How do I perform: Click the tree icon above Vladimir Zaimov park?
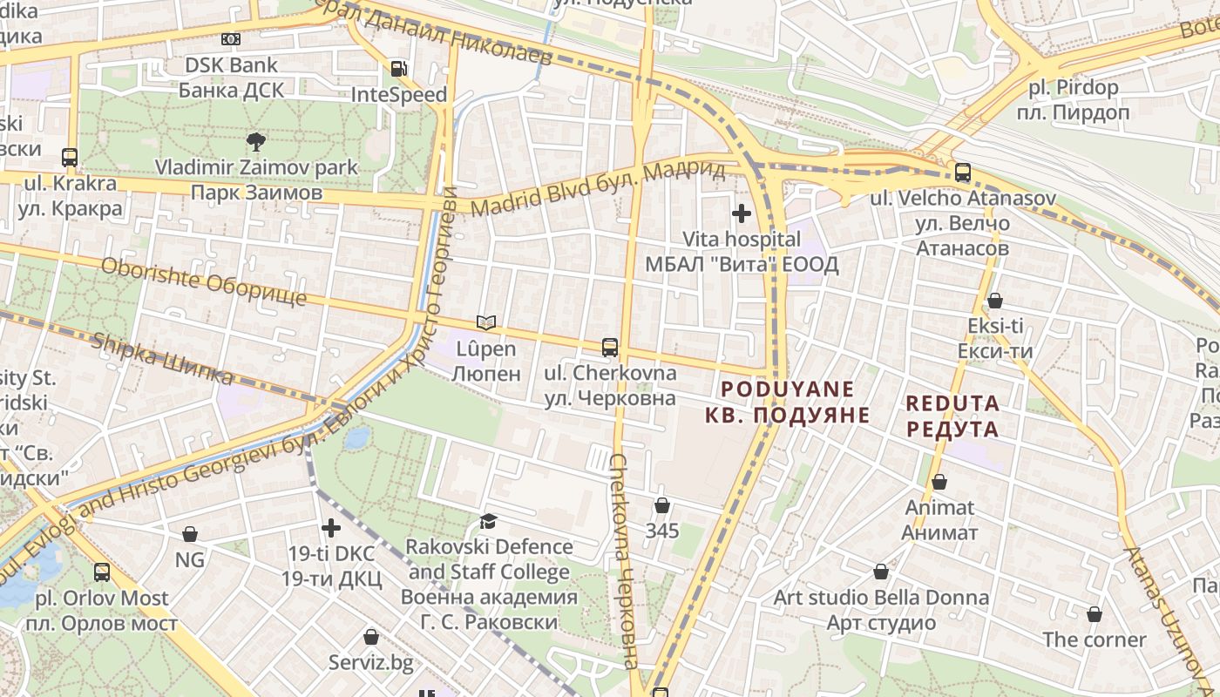256,141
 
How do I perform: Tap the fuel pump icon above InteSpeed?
398,69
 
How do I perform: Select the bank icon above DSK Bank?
230,39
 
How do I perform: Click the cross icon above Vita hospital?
742,213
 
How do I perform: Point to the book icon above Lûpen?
486,323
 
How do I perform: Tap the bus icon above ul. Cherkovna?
610,348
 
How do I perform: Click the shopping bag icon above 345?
662,505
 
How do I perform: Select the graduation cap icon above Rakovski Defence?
489,521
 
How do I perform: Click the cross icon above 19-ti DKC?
331,528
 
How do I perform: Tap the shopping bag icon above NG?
190,534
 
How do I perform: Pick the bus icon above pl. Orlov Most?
102,572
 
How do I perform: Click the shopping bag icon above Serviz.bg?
371,637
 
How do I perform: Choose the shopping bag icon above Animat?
939,482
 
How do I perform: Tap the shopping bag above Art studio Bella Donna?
881,572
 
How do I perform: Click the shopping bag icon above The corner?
1095,614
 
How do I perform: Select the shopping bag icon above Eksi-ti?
994,301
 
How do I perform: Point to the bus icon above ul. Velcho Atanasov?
963,173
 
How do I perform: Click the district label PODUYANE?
788,401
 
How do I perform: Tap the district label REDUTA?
952,416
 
